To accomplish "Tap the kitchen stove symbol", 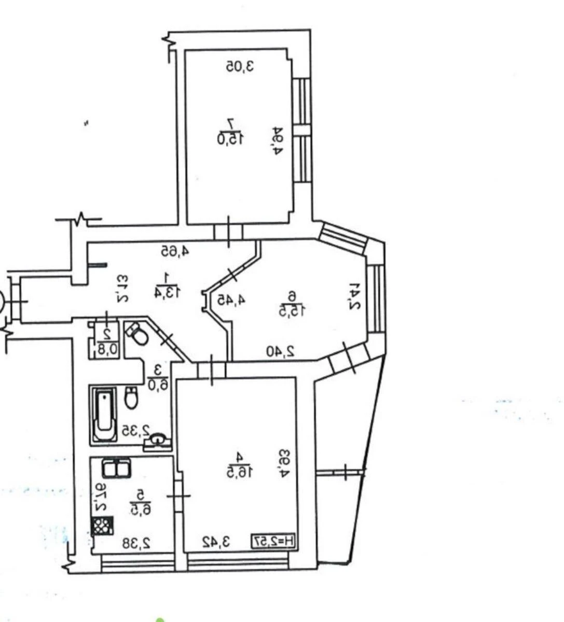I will pos(102,526).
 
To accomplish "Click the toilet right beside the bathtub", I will pos(132,398).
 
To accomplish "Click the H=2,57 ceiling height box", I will pos(275,542).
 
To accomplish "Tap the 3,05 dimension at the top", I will pos(240,66).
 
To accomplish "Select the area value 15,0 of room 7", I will pos(230,138).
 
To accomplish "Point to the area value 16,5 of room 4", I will pos(240,471).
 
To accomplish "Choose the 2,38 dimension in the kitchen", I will pos(136,543).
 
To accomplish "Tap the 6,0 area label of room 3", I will pos(156,384).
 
